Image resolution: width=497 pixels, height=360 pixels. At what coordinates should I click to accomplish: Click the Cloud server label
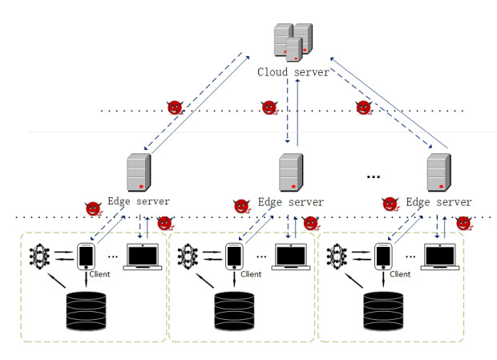pos(293,72)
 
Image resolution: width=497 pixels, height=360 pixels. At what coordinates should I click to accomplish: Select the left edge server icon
pos(139,172)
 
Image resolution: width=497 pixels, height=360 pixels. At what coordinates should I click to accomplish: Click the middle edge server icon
pos(290,172)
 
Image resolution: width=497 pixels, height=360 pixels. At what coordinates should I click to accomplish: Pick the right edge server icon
pos(438,172)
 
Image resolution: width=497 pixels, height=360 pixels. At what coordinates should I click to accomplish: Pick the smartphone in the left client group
pos(86,257)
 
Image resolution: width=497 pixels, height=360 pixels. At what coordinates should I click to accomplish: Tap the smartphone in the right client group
pos(384,257)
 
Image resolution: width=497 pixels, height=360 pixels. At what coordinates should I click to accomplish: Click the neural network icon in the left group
pos(39,257)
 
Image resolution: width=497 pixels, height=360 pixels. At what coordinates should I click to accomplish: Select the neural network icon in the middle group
pos(189,257)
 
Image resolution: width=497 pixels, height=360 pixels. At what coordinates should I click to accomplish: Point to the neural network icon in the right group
pos(337,257)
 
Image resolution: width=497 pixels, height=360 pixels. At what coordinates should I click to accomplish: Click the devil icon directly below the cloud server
pos(270,107)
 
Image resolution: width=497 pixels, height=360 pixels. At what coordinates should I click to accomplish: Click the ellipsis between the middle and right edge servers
pos(373,176)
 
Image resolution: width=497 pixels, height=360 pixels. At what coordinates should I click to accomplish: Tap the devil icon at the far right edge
pos(463,223)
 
